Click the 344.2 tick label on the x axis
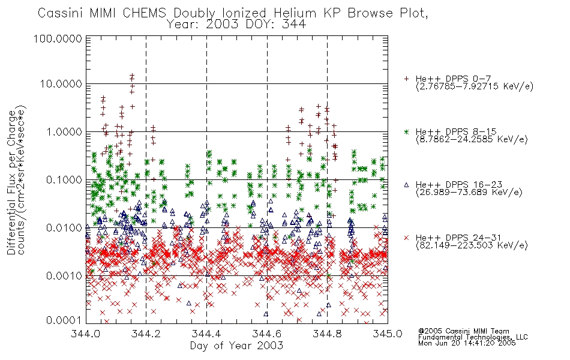146,334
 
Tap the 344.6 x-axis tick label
267,334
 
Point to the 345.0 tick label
388,334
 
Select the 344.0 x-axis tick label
86,334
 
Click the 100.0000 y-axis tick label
58,38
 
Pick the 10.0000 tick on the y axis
61,84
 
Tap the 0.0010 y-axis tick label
64,276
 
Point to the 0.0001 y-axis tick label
64,320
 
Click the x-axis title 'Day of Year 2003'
236,346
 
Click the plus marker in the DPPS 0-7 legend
406,79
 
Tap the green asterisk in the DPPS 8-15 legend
406,131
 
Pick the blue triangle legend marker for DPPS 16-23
406,185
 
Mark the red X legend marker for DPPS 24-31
406,238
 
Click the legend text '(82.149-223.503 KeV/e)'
472,245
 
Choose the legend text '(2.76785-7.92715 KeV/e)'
475,86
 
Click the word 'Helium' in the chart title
295,13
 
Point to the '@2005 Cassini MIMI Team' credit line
463,331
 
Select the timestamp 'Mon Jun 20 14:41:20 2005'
467,343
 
